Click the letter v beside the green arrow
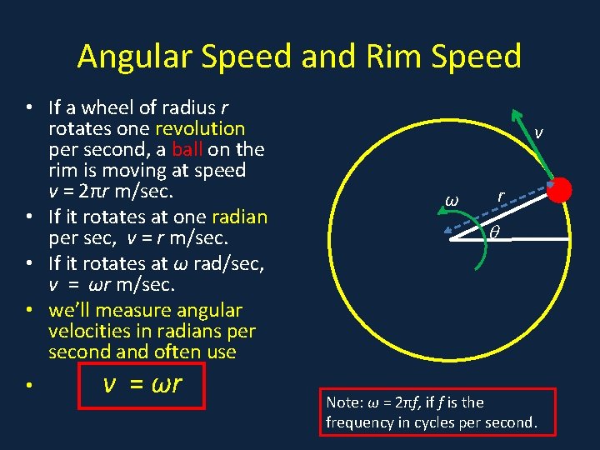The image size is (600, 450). click(x=539, y=132)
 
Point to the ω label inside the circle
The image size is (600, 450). click(x=452, y=201)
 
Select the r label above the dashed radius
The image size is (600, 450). click(x=500, y=195)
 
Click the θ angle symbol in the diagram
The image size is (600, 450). click(x=493, y=236)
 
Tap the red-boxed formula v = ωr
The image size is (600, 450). click(x=142, y=385)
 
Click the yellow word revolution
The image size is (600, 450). click(x=200, y=129)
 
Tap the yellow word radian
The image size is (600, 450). click(x=239, y=217)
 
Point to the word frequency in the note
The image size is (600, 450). click(x=358, y=422)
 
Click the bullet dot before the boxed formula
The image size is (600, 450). click(x=27, y=385)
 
